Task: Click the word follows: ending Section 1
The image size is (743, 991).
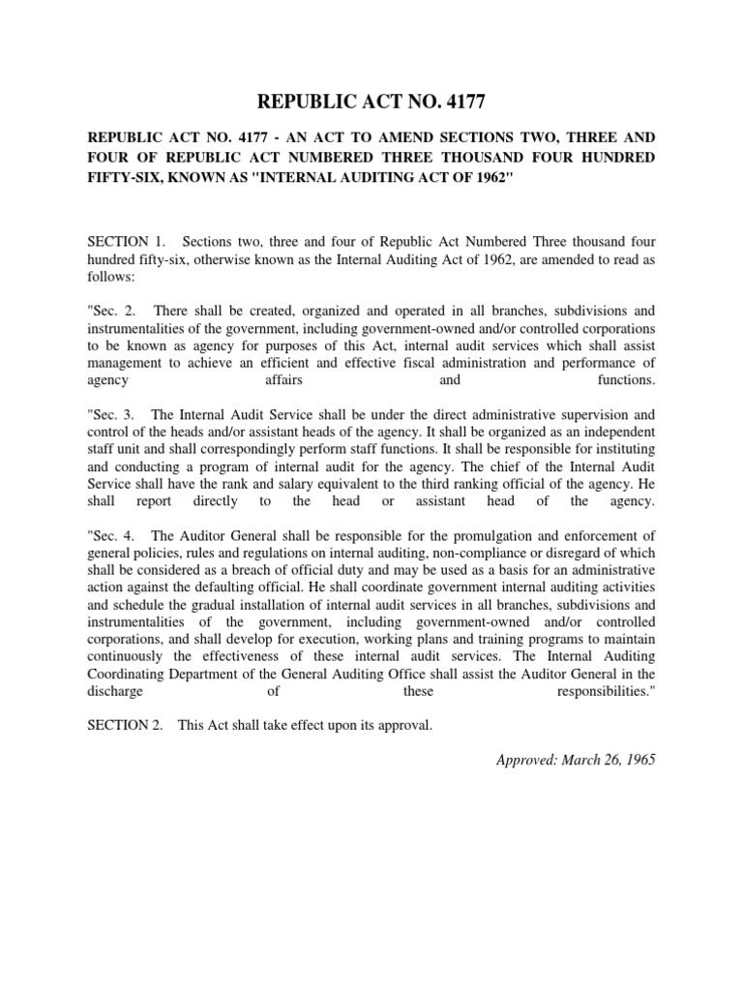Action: [x=110, y=276]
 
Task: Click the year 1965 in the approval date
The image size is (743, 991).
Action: [x=637, y=761]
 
